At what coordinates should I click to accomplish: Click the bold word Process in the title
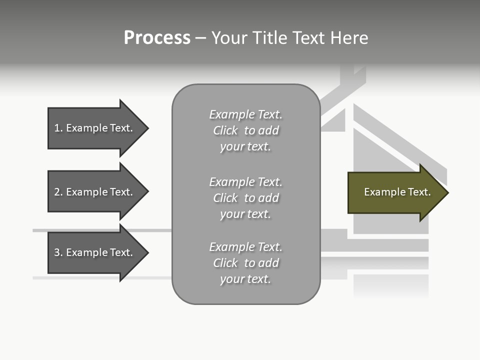(157, 38)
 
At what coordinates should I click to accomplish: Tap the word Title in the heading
(270, 38)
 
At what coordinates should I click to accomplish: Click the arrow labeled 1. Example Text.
(95, 128)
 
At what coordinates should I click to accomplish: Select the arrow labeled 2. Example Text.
(95, 192)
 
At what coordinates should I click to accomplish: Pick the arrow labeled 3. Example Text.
(95, 252)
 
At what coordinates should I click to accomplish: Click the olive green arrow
(395, 192)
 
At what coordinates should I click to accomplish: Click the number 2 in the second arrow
(57, 192)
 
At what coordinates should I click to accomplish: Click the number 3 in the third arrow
(57, 252)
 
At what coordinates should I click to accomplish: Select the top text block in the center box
(245, 130)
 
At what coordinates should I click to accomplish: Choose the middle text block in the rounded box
(245, 198)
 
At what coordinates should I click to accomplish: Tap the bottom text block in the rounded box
(245, 263)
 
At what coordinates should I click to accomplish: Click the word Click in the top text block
(225, 130)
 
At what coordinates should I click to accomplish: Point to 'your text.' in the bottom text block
(245, 279)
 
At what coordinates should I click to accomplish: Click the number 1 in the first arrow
(56, 128)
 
